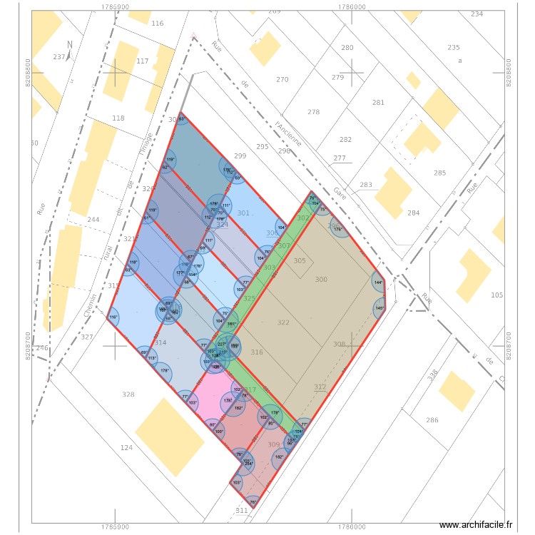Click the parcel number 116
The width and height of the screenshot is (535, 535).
(158, 24)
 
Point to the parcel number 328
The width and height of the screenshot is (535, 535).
(128, 394)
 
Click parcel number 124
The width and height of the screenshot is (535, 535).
(126, 448)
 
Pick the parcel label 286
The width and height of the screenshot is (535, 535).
(432, 420)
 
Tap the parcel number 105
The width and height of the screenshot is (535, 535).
(497, 295)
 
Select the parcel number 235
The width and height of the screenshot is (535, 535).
(453, 47)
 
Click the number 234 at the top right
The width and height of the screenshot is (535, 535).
(477, 14)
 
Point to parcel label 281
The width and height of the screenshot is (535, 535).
(378, 103)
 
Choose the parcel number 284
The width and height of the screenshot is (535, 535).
(413, 213)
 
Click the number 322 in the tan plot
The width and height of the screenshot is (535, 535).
(283, 323)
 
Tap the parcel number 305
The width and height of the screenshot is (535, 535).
(300, 261)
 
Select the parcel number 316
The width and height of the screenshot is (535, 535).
(257, 352)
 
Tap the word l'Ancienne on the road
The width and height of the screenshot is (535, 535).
(288, 133)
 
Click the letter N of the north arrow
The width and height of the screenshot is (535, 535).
(69, 44)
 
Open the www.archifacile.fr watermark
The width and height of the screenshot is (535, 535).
(477, 525)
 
